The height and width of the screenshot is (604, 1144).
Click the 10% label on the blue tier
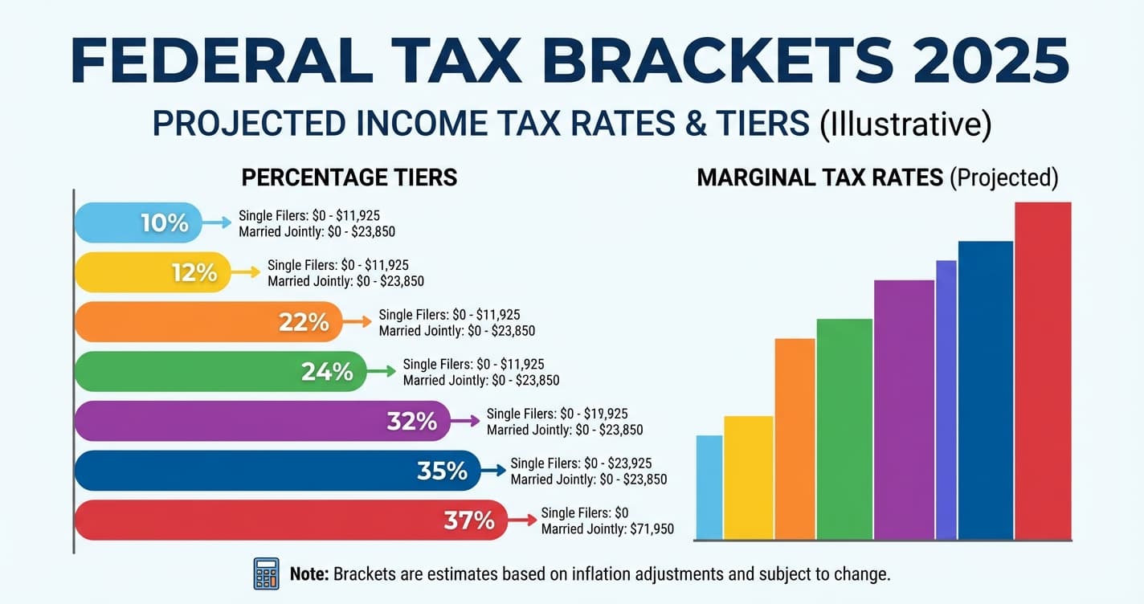point(164,222)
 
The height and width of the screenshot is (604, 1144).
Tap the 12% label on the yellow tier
point(194,272)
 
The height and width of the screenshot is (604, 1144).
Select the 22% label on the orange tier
point(304,322)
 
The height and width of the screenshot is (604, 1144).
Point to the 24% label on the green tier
point(327,372)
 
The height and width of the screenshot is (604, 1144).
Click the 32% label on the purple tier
point(411,421)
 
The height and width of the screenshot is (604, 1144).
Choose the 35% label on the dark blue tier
point(442,471)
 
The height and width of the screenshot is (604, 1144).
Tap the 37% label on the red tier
point(469,520)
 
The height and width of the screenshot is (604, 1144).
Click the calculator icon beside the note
point(266,574)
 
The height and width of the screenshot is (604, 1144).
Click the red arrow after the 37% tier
point(523,520)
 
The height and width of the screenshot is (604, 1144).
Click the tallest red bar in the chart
point(1043,369)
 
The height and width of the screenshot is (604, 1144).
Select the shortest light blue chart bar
point(709,487)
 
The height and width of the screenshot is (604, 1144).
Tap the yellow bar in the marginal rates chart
point(748,477)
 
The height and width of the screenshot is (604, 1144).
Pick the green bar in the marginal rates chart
point(844,429)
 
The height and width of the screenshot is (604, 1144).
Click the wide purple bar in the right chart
point(904,410)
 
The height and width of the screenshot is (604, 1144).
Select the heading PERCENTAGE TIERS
point(349,178)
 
